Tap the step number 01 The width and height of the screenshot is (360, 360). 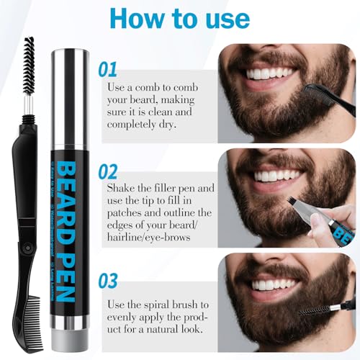pyautogui.click(x=107, y=70)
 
